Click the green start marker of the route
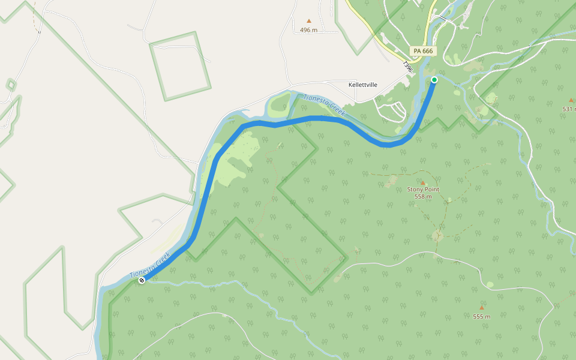click(434, 79)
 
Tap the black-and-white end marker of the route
click(142, 280)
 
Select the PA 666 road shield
click(422, 51)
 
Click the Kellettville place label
click(363, 85)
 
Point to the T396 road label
click(408, 67)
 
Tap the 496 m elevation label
click(308, 30)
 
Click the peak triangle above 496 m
click(309, 20)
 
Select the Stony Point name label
click(423, 190)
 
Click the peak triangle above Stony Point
click(422, 182)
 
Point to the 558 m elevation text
click(423, 197)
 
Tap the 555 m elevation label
click(481, 317)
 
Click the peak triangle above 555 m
click(481, 308)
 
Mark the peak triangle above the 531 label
click(571, 100)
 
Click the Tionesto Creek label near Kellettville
click(324, 106)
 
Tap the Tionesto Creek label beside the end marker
click(150, 265)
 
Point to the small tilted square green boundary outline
click(180, 66)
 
